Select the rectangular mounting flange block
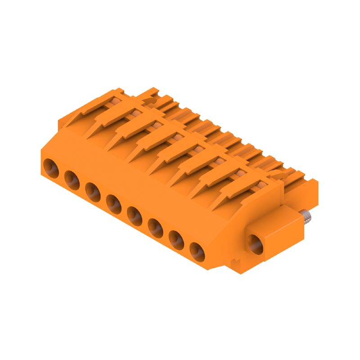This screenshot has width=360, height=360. click(x=274, y=234)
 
